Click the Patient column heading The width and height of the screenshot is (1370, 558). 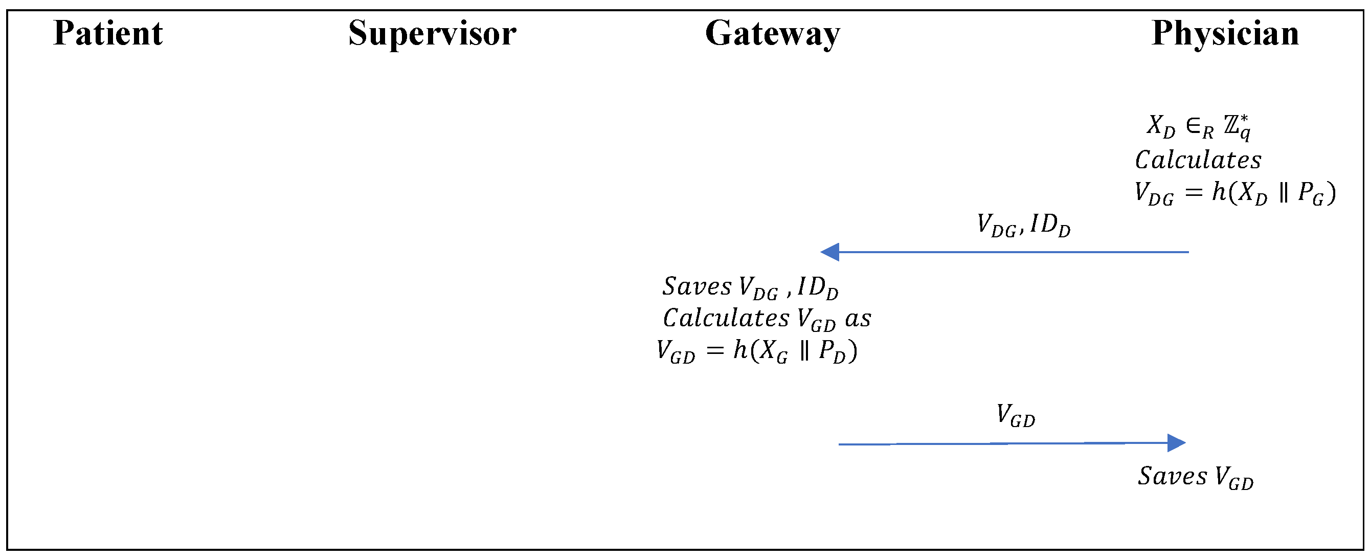coord(108,33)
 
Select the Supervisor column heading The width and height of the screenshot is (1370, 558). coord(432,33)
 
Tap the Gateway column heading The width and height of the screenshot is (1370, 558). coord(772,33)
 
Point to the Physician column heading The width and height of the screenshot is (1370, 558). coord(1225,33)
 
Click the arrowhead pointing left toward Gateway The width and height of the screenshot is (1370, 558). coord(829,252)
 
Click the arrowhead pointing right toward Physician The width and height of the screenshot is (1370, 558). coord(1176,442)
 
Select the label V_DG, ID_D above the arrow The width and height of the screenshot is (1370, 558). coord(1023,225)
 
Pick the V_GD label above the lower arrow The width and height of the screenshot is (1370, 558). coord(1016,415)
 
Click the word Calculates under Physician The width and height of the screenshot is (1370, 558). coord(1198,160)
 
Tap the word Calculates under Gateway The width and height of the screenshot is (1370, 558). coord(726,319)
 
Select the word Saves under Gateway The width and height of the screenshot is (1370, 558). coord(697,287)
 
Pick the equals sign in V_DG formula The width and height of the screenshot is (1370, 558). coord(1194,192)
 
